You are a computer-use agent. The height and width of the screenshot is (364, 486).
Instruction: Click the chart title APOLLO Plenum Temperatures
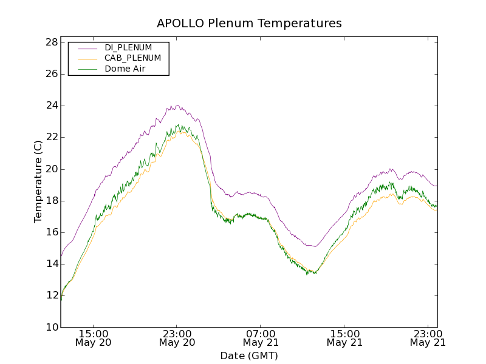249,24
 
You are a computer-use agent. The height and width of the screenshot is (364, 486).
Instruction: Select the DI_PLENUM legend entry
128,47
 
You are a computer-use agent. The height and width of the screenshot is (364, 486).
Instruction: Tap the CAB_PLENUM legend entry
132,58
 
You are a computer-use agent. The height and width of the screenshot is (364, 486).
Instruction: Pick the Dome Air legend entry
125,69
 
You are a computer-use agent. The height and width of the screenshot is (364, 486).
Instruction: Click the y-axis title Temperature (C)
38,181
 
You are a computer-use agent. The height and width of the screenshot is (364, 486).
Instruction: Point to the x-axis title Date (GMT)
249,356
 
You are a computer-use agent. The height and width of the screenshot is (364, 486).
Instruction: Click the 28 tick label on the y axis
51,42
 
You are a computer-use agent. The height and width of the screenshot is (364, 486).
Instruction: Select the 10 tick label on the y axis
51,328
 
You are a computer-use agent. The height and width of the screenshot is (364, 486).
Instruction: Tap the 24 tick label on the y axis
51,106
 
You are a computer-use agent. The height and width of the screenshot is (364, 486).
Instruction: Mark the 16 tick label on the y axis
51,232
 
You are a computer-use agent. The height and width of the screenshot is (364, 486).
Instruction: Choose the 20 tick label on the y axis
51,169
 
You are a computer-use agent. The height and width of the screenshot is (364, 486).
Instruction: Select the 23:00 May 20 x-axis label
177,338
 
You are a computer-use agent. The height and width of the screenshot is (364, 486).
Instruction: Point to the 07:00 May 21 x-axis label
261,338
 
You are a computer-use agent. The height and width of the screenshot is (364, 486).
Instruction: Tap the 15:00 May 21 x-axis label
344,338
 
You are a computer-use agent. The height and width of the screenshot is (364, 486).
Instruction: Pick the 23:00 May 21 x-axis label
428,338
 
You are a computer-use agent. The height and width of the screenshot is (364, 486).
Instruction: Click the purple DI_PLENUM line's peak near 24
176,106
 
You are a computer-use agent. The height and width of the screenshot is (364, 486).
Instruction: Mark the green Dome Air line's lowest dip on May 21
308,274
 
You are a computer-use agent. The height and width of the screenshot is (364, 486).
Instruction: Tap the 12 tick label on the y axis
51,296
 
